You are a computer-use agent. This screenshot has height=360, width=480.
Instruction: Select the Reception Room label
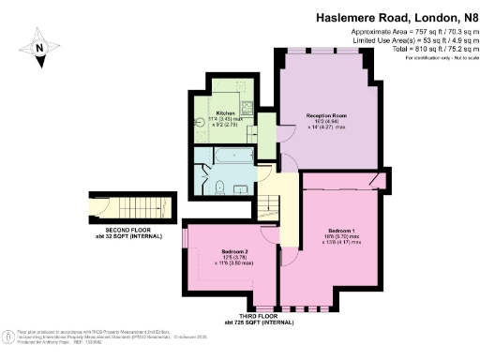(x=326, y=115)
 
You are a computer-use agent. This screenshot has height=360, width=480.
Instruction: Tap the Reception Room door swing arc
(x=288, y=161)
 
